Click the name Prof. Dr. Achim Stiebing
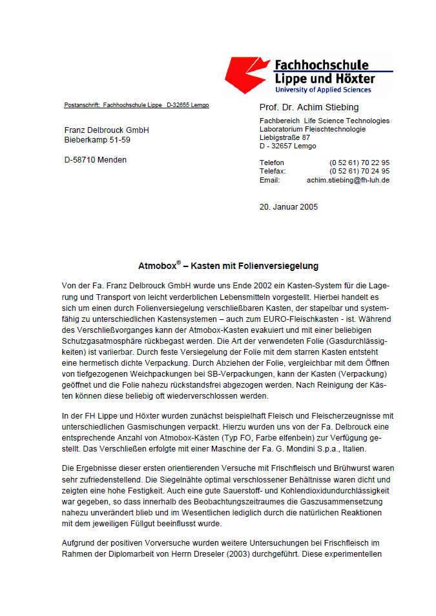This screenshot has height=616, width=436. pyautogui.click(x=309, y=108)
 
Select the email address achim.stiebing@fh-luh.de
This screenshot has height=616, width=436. pyautogui.click(x=348, y=181)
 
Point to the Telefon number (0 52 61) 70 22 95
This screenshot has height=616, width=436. pyautogui.click(x=359, y=163)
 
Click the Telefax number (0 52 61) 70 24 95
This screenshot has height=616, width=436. pyautogui.click(x=359, y=172)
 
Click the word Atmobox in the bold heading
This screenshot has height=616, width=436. pyautogui.click(x=157, y=266)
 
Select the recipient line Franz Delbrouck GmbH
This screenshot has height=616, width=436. pyautogui.click(x=107, y=130)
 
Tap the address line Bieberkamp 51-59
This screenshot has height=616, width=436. pyautogui.click(x=97, y=139)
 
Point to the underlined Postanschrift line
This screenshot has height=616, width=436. pyautogui.click(x=136, y=105)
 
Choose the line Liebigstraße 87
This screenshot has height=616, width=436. pyautogui.click(x=285, y=137)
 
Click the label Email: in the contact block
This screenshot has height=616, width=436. pyautogui.click(x=269, y=181)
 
